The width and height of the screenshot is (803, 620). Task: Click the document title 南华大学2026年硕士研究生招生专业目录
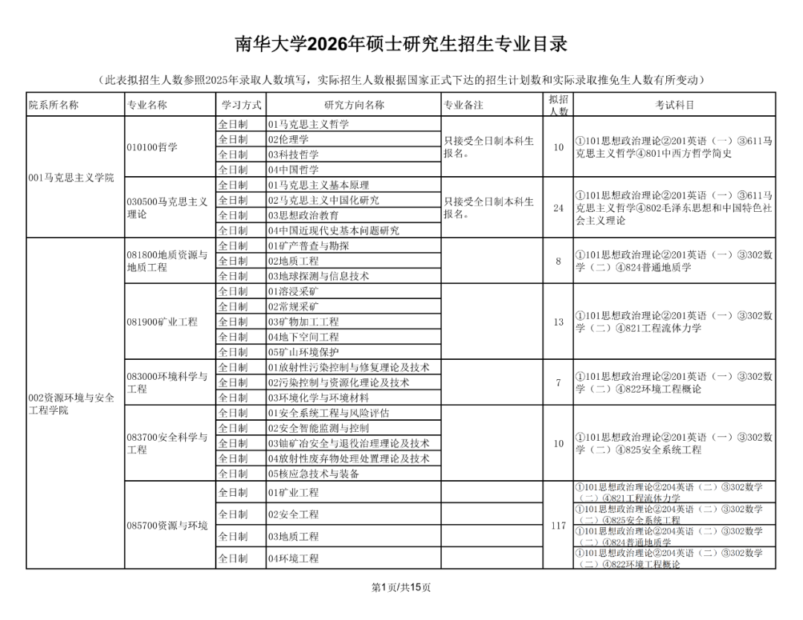coord(401,44)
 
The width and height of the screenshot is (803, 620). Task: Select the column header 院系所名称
coord(54,105)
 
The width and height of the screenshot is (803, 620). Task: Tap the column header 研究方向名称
coord(354,105)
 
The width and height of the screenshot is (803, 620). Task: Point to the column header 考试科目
coord(674,105)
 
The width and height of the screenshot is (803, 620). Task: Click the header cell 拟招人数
coord(558,105)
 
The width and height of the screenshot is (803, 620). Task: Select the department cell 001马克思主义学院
coord(71,178)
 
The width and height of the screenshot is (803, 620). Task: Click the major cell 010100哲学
coord(152,147)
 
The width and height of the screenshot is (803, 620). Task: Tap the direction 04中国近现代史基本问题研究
coord(334,230)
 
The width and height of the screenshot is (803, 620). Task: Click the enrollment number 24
coord(558,208)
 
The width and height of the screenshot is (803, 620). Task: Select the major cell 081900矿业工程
coord(162,322)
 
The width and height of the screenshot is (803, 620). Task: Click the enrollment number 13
coord(558,322)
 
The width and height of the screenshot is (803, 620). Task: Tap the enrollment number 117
coord(558,526)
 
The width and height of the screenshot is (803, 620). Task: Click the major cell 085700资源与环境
coord(167,526)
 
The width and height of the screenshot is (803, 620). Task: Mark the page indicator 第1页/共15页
coord(401,587)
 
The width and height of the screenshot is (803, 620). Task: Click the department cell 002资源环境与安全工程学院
coord(71,404)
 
